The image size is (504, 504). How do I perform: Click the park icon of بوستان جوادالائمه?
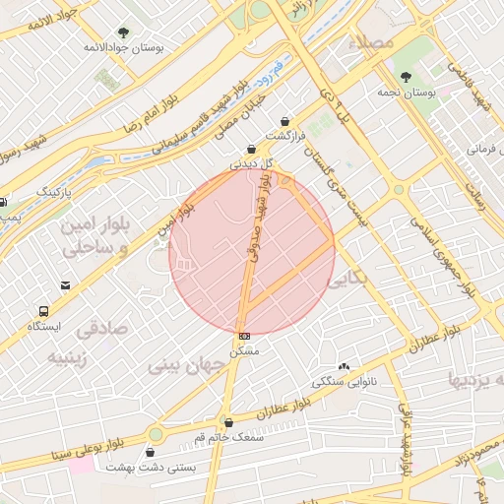(123, 32)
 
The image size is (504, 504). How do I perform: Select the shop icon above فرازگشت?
(286, 121)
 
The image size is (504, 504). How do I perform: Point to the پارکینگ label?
(61, 190)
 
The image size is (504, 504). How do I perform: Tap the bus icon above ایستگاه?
(43, 309)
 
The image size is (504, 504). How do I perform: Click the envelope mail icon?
(65, 285)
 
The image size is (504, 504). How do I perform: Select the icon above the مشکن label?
(244, 336)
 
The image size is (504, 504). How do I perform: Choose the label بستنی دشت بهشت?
(151, 467)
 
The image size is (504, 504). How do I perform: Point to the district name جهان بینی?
(188, 364)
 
